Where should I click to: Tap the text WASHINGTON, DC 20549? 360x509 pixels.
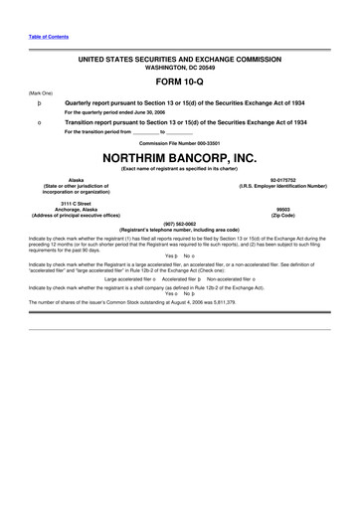pos(179,69)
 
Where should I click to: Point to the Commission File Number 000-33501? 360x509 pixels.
pos(179,143)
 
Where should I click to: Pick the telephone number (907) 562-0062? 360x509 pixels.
pos(179,225)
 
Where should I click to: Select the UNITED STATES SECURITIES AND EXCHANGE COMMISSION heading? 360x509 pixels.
pos(179,60)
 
